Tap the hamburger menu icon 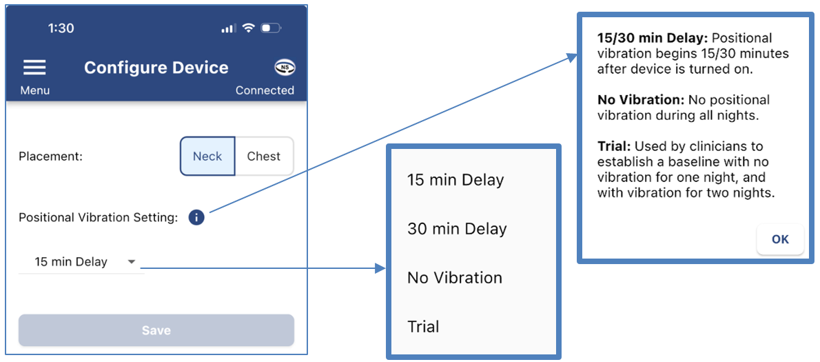[34, 67]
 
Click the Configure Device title [156, 68]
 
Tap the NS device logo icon [285, 67]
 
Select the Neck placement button [207, 156]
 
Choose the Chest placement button [264, 156]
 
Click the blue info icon [196, 218]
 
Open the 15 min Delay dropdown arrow [132, 262]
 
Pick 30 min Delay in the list [457, 229]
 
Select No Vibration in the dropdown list [455, 278]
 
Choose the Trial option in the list [423, 327]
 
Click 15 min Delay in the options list [455, 180]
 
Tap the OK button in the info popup [780, 239]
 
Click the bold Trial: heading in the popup [614, 146]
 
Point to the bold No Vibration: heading [640, 100]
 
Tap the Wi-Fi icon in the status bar [248, 28]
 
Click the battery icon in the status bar [271, 28]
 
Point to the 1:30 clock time [61, 28]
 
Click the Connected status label [265, 90]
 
